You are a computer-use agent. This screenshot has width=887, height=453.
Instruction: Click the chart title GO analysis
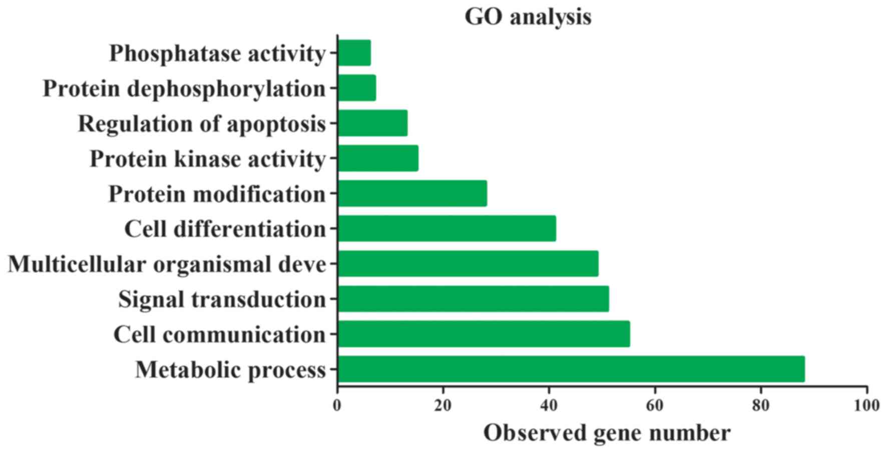(x=528, y=17)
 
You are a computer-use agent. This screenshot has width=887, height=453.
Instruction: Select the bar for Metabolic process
(x=572, y=369)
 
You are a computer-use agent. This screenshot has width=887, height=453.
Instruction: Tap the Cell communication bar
(x=484, y=334)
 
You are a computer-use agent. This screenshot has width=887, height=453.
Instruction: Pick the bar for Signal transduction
(x=474, y=298)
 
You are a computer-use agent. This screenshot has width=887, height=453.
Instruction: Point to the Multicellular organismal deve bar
(x=469, y=263)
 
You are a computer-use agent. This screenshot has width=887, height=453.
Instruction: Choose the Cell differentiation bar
(x=447, y=228)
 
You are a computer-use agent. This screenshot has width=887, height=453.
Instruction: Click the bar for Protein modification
(x=413, y=193)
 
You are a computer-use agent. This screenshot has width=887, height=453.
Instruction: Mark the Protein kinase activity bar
(x=378, y=158)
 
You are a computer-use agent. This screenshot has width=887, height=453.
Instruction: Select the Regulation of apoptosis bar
(x=373, y=123)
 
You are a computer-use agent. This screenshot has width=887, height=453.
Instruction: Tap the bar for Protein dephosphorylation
(x=357, y=87)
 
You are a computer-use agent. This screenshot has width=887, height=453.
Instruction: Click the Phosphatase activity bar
(x=355, y=52)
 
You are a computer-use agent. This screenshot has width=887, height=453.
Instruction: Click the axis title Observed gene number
(x=607, y=433)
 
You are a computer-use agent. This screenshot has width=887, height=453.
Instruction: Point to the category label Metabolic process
(x=231, y=370)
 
